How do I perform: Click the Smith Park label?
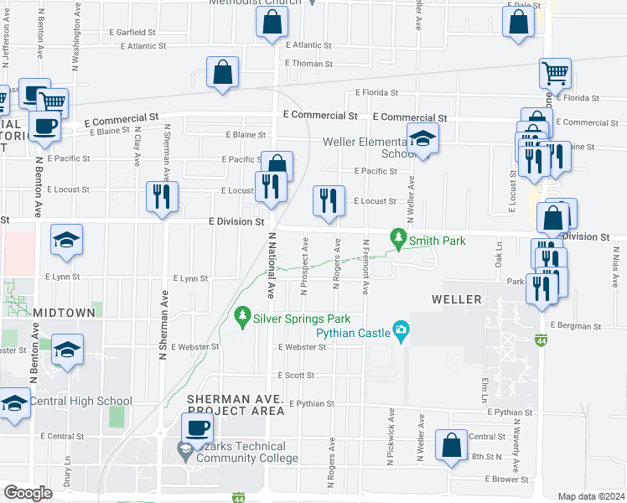click(437, 241)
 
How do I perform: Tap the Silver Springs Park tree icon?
click(243, 316)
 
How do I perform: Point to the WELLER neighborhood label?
click(457, 299)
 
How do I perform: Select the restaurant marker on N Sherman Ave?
click(162, 197)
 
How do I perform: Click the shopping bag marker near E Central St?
click(451, 447)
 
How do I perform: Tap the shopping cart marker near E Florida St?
click(555, 74)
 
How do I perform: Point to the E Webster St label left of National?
click(194, 346)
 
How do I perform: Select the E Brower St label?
click(505, 480)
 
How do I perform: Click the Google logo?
click(28, 493)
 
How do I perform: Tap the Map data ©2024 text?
click(590, 496)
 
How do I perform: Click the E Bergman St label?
click(577, 324)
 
